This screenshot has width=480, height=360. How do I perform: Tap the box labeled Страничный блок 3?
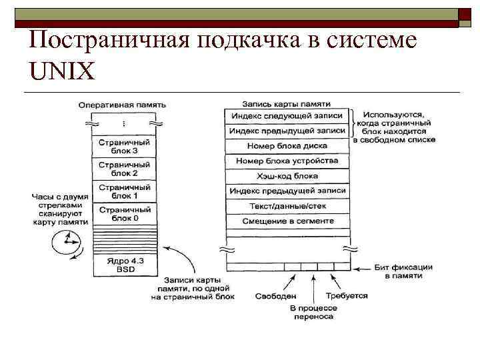point(123,146)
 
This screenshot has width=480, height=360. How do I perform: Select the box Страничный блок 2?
point(123,169)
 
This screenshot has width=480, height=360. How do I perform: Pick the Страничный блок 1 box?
point(123,192)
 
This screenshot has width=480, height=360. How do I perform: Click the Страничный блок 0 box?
point(123,214)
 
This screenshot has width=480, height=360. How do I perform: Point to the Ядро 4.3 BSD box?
point(123,265)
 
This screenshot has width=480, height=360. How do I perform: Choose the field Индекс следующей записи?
point(287,116)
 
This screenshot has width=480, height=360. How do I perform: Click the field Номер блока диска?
point(287,145)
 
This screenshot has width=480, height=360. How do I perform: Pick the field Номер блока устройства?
point(287,161)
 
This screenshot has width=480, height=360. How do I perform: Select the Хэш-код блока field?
point(287,176)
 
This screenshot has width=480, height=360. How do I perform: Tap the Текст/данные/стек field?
point(287,206)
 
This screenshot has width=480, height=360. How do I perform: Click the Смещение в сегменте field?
point(287,221)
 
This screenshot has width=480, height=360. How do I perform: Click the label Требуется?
point(346,295)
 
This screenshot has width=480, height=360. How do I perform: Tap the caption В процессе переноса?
point(311,312)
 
